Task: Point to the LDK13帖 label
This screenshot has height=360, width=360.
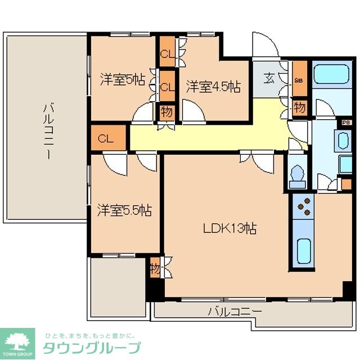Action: (x=230, y=228)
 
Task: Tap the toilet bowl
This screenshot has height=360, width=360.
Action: (x=296, y=176)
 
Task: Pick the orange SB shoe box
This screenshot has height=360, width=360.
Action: (x=299, y=80)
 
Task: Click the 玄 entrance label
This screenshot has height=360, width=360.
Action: (x=270, y=79)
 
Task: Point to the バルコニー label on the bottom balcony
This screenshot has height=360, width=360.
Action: (x=235, y=310)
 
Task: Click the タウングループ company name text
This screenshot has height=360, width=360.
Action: (x=92, y=348)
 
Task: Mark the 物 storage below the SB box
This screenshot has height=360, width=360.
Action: (x=299, y=106)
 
